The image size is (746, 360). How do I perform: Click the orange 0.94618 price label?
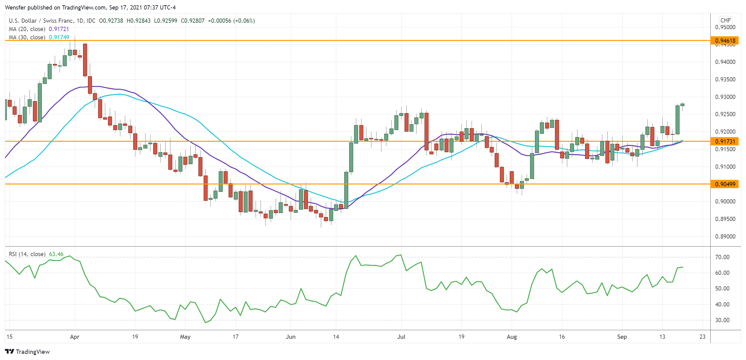coord(725,41)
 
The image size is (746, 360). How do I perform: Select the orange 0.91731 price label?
coord(725,141)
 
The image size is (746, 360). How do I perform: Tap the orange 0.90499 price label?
coord(725,184)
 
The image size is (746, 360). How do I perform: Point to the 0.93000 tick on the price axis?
coord(725,97)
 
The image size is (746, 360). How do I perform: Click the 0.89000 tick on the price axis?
coord(725,236)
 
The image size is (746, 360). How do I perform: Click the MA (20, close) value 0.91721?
coord(59,29)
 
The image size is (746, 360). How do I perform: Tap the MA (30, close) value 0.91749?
coord(59,38)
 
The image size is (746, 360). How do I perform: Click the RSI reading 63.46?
coord(56,254)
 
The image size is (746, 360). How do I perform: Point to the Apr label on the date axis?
coord(75,337)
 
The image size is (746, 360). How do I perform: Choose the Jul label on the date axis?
coord(401,337)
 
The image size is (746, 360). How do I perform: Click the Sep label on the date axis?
coord(622,337)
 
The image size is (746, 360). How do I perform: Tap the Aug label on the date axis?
coord(512,337)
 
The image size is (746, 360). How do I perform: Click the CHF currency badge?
coord(725,20)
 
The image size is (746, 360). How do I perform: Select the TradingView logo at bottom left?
coord(27,352)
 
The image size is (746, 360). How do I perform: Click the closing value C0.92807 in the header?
coord(193,21)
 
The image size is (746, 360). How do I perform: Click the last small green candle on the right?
coord(682,105)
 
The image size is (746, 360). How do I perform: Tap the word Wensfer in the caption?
coord(15,7)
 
